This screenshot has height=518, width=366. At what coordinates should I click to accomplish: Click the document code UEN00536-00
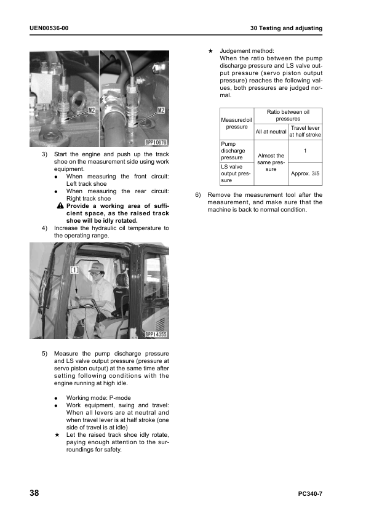(49, 28)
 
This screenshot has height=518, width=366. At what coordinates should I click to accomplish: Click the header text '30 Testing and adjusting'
(286, 28)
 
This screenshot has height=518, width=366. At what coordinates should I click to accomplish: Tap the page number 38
(34, 493)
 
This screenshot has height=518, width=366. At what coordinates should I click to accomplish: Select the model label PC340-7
(310, 494)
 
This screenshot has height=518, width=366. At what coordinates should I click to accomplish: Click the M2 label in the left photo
(91, 110)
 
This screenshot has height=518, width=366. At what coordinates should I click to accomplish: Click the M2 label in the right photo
(161, 110)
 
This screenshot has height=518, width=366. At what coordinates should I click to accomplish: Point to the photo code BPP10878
(156, 142)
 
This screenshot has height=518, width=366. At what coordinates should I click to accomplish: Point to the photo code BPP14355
(156, 334)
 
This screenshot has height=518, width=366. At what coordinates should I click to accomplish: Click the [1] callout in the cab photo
(74, 270)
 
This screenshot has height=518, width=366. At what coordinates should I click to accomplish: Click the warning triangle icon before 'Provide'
(60, 206)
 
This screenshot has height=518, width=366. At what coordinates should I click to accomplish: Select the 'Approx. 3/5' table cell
(305, 173)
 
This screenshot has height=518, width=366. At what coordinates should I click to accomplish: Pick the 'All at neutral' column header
(271, 132)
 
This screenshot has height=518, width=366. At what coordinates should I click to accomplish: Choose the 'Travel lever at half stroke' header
(305, 131)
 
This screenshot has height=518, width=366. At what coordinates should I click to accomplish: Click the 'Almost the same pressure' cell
(271, 162)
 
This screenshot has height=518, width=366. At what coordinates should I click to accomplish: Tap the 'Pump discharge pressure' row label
(233, 151)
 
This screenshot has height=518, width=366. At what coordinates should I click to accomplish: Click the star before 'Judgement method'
(210, 51)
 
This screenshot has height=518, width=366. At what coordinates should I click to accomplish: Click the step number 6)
(198, 195)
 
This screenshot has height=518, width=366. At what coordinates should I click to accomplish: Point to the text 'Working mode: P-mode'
(98, 398)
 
